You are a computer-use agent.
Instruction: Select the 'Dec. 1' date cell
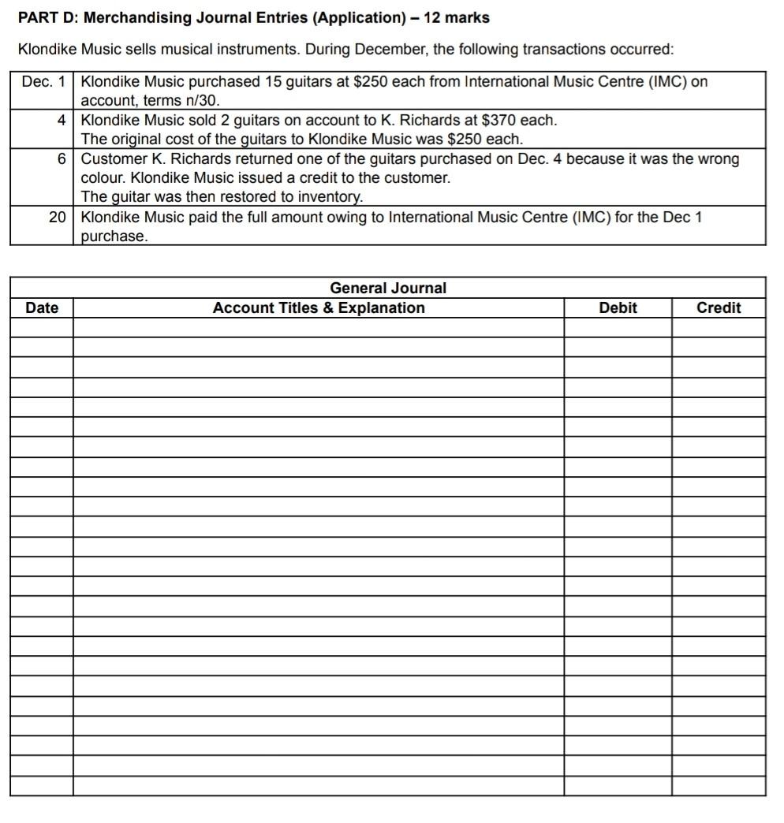[43, 81]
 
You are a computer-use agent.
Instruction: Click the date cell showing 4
[61, 121]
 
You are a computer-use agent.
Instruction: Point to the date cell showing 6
[61, 159]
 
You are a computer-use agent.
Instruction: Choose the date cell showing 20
[57, 217]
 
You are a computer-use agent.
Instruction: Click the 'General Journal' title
[387, 288]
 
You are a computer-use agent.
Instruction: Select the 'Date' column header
[42, 307]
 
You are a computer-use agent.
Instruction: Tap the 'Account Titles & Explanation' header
[319, 307]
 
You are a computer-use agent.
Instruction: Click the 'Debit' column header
[618, 307]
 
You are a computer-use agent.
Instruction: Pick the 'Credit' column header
[719, 307]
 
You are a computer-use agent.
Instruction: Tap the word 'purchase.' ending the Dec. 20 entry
[114, 236]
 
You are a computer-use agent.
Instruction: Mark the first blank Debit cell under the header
[618, 327]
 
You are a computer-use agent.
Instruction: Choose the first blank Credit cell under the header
[719, 327]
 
